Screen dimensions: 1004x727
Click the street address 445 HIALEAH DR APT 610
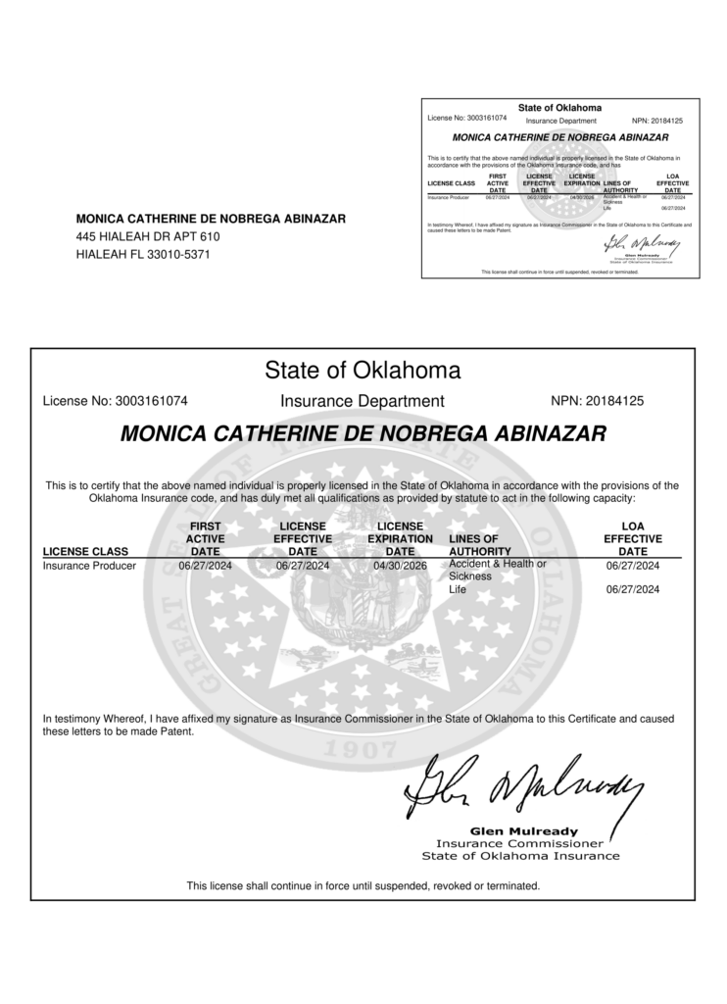(x=148, y=237)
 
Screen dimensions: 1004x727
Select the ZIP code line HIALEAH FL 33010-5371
(x=143, y=255)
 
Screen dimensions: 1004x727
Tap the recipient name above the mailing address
(x=211, y=219)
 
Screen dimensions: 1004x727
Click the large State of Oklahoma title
(x=363, y=371)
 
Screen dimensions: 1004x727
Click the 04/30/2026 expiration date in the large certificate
(x=400, y=566)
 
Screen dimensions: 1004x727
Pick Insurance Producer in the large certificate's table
(x=89, y=566)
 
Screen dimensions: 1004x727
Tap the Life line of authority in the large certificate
(x=458, y=589)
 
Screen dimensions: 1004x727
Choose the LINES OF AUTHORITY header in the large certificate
(x=475, y=546)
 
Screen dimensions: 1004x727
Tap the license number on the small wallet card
(x=467, y=118)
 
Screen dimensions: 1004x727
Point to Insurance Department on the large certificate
(x=363, y=401)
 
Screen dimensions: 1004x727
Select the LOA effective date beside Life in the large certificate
(x=633, y=589)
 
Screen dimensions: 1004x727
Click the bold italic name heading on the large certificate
(x=363, y=433)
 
